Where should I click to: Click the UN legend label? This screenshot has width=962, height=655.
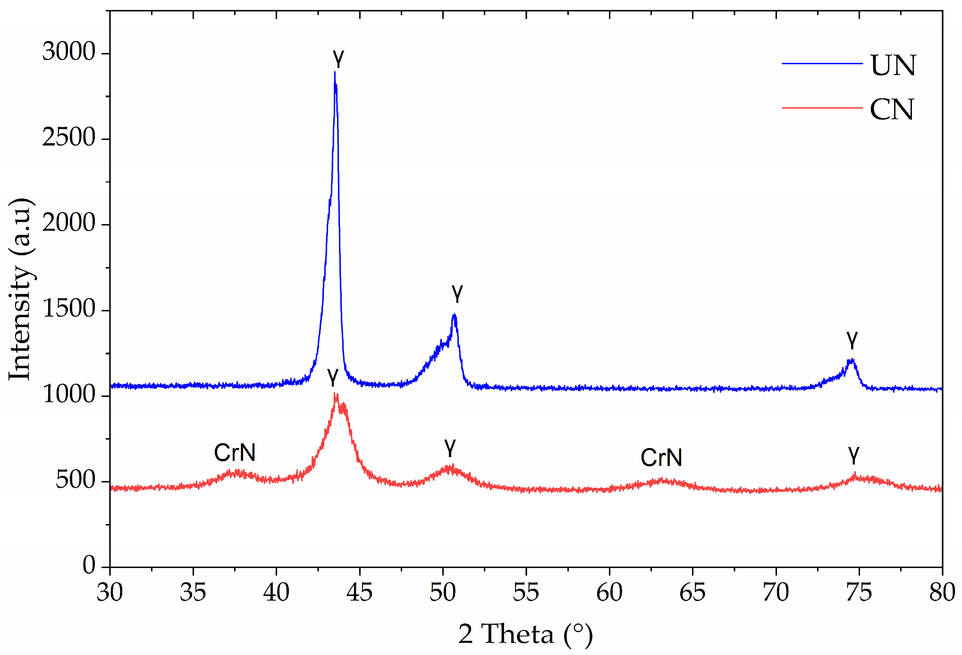(x=893, y=65)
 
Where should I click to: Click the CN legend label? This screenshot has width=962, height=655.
(x=892, y=110)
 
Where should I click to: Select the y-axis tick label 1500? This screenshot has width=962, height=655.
(x=69, y=309)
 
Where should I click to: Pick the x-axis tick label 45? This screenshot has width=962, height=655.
(x=359, y=592)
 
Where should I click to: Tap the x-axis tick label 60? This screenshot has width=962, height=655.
(x=609, y=592)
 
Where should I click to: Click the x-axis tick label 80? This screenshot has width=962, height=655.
(x=942, y=592)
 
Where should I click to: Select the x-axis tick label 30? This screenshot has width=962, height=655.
(x=110, y=592)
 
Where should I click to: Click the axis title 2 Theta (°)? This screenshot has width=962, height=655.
(x=525, y=634)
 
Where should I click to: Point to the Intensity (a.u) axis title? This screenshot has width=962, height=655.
(x=21, y=289)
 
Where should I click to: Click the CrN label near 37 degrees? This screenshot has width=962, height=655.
(x=235, y=453)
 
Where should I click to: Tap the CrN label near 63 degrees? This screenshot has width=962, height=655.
(x=661, y=457)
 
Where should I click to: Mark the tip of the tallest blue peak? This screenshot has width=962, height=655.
(x=335, y=72)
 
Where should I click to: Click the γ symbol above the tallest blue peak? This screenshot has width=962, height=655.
(x=338, y=59)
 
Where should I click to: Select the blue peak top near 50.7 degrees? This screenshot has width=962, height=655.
(x=454, y=315)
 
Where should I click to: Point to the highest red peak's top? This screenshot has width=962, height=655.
(x=335, y=394)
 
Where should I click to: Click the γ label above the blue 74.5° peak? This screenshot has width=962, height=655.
(x=852, y=339)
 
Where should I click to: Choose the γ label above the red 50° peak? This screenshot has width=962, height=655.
(x=450, y=447)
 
